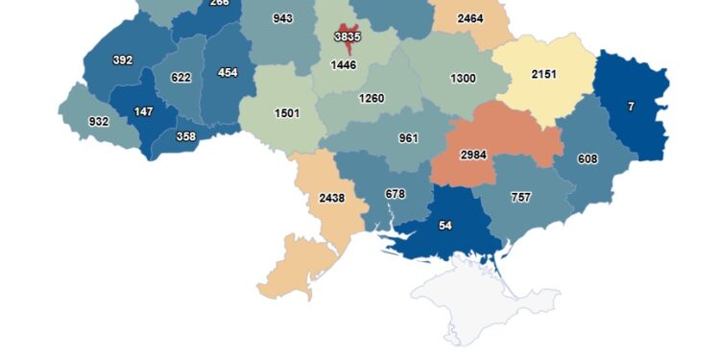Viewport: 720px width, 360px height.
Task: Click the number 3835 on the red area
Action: coord(348,36)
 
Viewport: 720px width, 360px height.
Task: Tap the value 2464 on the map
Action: coord(469,18)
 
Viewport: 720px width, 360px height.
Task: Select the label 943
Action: coord(282,18)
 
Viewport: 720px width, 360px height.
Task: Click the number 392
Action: coord(122,60)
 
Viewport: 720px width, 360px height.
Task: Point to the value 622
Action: coord(180,78)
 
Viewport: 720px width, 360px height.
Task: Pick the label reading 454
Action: coord(228,72)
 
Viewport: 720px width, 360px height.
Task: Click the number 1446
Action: coord(343,65)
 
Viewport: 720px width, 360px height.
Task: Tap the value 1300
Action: coord(461,78)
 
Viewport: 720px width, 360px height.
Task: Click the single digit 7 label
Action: coord(631,107)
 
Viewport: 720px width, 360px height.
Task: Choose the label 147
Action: coord(143,111)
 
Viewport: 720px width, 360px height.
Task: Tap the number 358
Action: coord(187,136)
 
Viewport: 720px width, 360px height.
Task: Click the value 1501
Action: coord(287,112)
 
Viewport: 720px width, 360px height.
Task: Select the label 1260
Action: coord(372,98)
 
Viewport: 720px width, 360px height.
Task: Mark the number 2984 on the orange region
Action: coord(473,155)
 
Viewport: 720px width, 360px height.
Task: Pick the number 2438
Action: coord(331,198)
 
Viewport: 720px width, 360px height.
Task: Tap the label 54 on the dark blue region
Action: coord(444,225)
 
